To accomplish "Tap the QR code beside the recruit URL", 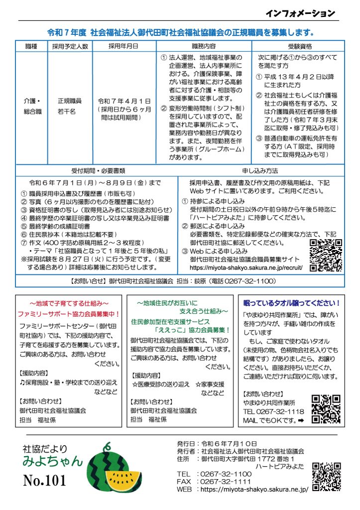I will click(326, 255).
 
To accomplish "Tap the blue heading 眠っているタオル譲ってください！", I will click(292, 302).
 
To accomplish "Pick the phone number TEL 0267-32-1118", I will click(273, 411).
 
